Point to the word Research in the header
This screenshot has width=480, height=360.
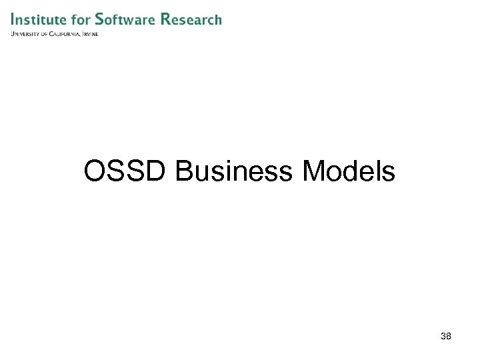(191, 19)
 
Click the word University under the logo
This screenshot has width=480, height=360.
(25, 34)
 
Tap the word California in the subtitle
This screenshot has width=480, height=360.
(64, 34)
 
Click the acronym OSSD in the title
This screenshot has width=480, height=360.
(126, 171)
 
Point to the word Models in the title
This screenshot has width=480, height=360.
(349, 171)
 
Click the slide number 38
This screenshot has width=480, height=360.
(446, 336)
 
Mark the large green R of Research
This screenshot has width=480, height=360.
(167, 19)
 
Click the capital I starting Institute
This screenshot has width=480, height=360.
(13, 19)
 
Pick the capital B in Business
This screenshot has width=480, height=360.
(184, 171)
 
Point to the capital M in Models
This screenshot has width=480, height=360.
(313, 171)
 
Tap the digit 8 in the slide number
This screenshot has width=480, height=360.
(449, 336)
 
